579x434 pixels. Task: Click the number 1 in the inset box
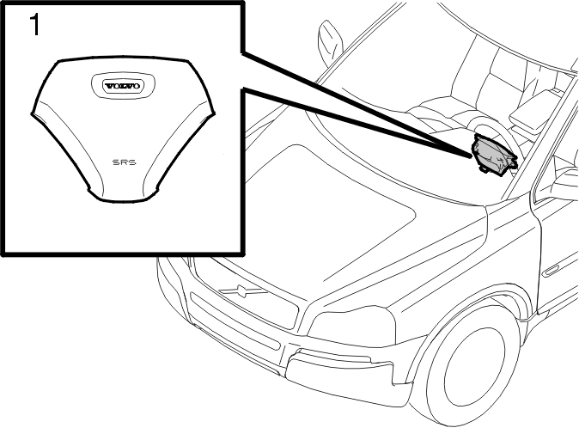pos(35,24)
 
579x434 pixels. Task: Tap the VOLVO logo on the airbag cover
pos(124,86)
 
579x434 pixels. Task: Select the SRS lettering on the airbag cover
pos(124,162)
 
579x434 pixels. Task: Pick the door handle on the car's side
pos(553,270)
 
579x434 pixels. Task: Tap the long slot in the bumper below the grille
pos(236,327)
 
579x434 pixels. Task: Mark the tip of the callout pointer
pos(471,156)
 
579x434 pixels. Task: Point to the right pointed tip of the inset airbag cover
pos(214,113)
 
